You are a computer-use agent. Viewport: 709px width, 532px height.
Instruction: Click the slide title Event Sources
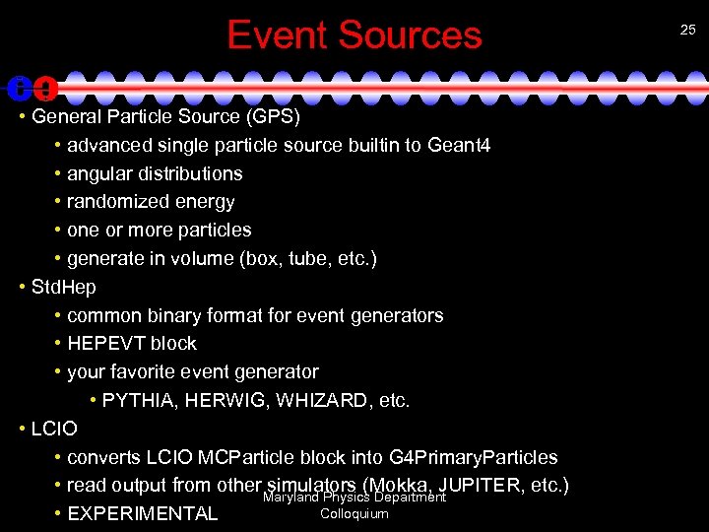pos(354,35)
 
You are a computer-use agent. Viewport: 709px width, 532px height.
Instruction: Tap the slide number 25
pos(687,30)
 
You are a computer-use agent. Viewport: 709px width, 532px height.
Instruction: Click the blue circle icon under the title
pos(19,88)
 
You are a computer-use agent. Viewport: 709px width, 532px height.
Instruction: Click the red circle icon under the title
pos(45,89)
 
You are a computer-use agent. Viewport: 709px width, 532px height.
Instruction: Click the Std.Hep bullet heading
pos(64,288)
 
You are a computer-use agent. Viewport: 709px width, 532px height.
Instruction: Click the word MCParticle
pos(244,458)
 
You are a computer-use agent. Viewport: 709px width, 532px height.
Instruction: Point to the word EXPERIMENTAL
pos(142,513)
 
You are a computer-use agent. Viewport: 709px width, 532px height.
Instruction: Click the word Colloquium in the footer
pos(354,514)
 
